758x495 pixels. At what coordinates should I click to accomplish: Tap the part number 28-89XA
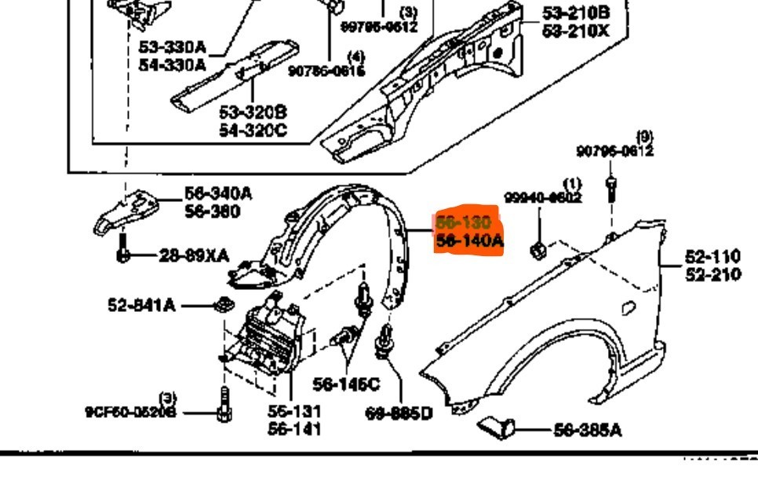click(194, 255)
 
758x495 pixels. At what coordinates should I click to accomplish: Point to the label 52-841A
click(141, 305)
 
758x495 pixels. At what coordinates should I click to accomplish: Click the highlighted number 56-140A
click(470, 241)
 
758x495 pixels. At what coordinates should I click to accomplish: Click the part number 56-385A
click(588, 430)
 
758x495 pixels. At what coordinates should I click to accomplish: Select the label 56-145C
click(345, 384)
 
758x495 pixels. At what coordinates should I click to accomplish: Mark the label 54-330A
click(172, 65)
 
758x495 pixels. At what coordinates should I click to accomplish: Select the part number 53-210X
click(576, 31)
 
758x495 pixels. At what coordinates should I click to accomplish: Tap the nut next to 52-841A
click(223, 302)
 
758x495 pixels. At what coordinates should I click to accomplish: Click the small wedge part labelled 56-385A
click(496, 427)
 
